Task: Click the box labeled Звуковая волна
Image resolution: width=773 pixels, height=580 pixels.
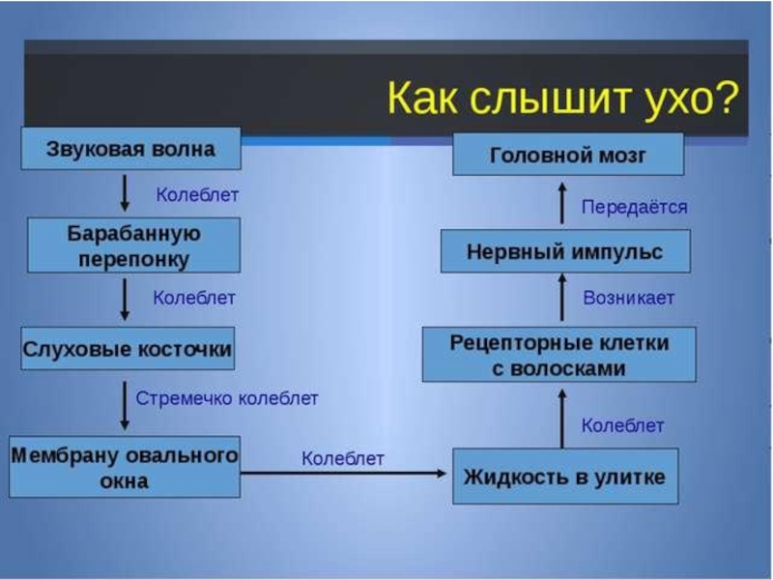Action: (130, 150)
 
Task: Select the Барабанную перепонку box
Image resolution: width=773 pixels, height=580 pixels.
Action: (133, 246)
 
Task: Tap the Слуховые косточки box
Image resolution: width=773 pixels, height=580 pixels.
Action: (128, 349)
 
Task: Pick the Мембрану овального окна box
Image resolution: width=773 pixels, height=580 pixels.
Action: (125, 467)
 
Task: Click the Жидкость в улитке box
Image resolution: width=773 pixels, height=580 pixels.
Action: (565, 477)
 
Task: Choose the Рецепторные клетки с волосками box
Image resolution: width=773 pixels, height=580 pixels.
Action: (559, 354)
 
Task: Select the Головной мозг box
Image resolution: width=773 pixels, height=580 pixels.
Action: (568, 155)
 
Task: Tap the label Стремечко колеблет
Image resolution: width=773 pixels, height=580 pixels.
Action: (227, 398)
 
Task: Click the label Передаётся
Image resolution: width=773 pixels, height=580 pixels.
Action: (634, 207)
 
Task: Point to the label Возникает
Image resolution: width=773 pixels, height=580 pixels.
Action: (629, 298)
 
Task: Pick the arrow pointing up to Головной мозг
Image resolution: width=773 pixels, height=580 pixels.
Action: (562, 204)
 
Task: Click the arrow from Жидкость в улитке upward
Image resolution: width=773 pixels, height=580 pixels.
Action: (562, 416)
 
